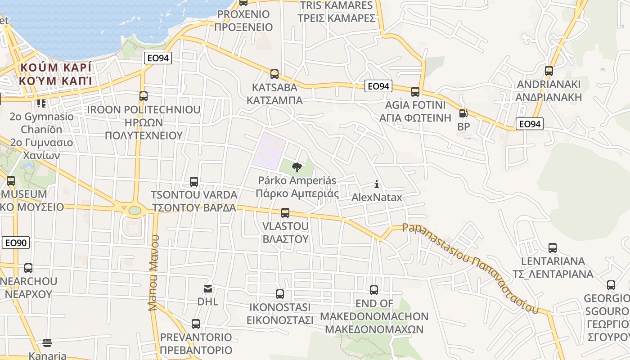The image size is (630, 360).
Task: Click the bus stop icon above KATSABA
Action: point(274,74)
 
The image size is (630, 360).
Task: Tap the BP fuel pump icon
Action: point(463,113)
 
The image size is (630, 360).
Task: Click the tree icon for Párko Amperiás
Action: point(297,167)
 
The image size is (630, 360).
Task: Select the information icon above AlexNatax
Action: point(377,184)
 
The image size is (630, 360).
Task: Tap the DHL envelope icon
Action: point(207,288)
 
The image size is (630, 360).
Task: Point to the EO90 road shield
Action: point(16,243)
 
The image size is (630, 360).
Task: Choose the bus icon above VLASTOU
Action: point(285,212)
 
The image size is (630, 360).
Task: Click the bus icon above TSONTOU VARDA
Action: point(194,182)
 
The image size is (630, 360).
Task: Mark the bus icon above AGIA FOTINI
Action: point(415,92)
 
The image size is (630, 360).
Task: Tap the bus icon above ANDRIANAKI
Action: point(549,71)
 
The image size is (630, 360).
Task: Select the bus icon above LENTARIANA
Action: point(553,248)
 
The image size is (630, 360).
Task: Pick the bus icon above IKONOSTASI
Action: point(280,294)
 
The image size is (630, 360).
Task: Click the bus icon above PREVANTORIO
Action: point(196,324)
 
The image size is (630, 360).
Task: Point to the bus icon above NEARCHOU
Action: point(28,268)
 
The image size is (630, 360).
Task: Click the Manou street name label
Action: point(154,272)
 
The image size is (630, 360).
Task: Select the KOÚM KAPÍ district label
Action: point(55,74)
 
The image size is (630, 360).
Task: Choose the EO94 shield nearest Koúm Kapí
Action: point(158,58)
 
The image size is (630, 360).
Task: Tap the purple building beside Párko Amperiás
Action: point(269,151)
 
